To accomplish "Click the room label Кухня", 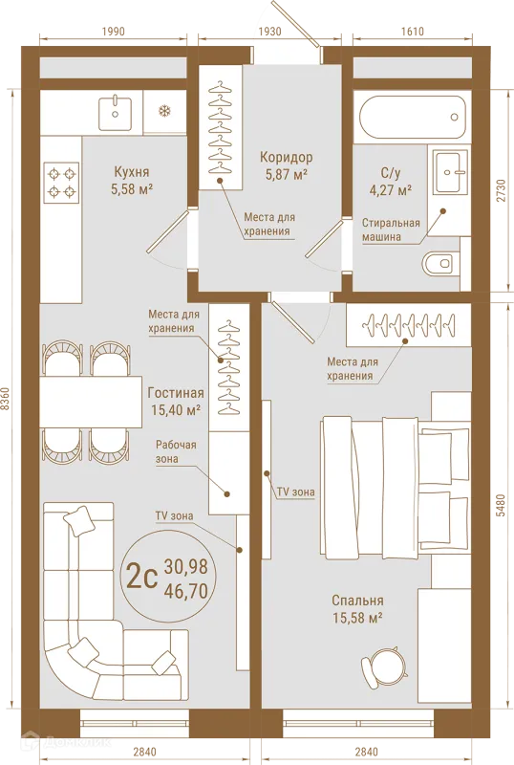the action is point(131,172).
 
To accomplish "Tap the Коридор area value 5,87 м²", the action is point(286,174).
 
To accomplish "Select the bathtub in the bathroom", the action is point(412,118).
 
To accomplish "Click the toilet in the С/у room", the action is point(441,264).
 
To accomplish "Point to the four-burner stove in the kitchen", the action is point(62,183).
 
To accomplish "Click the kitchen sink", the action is point(115,113).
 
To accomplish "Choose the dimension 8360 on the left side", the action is point(6,400).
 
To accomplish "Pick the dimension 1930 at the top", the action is point(269,32).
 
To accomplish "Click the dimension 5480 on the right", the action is point(503,506).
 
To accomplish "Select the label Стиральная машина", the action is point(391,229).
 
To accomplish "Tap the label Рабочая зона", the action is point(176,451).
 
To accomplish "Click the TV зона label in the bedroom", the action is point(296,492).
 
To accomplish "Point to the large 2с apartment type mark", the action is point(141,577).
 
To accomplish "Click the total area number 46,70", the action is point(185,591).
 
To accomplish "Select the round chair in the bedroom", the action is point(383,666).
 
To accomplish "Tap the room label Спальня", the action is point(357,601).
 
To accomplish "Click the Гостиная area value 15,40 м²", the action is point(176,410).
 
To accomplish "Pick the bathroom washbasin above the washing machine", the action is point(448,172).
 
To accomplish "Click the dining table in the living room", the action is point(91,402).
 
